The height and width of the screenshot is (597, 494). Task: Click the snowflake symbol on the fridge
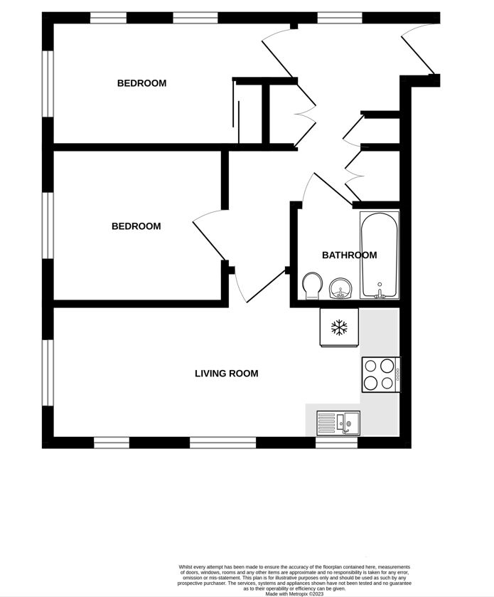[x=339, y=327]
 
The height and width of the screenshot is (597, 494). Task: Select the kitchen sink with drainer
[x=338, y=423]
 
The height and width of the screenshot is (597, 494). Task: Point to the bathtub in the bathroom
[x=380, y=255]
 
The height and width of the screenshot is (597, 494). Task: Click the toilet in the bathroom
[x=310, y=287]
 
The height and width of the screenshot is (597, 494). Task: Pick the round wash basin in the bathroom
[x=340, y=288]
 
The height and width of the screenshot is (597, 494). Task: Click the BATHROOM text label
[x=349, y=255]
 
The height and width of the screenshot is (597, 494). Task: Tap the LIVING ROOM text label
[x=226, y=373]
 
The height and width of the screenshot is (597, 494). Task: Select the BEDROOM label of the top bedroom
[x=141, y=83]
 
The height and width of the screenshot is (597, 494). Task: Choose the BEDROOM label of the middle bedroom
[x=136, y=226]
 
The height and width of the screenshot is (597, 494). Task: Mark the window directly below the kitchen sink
[x=336, y=443]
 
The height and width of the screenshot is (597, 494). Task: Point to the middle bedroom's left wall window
[x=48, y=226]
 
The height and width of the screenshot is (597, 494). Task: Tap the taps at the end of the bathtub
[x=380, y=292]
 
